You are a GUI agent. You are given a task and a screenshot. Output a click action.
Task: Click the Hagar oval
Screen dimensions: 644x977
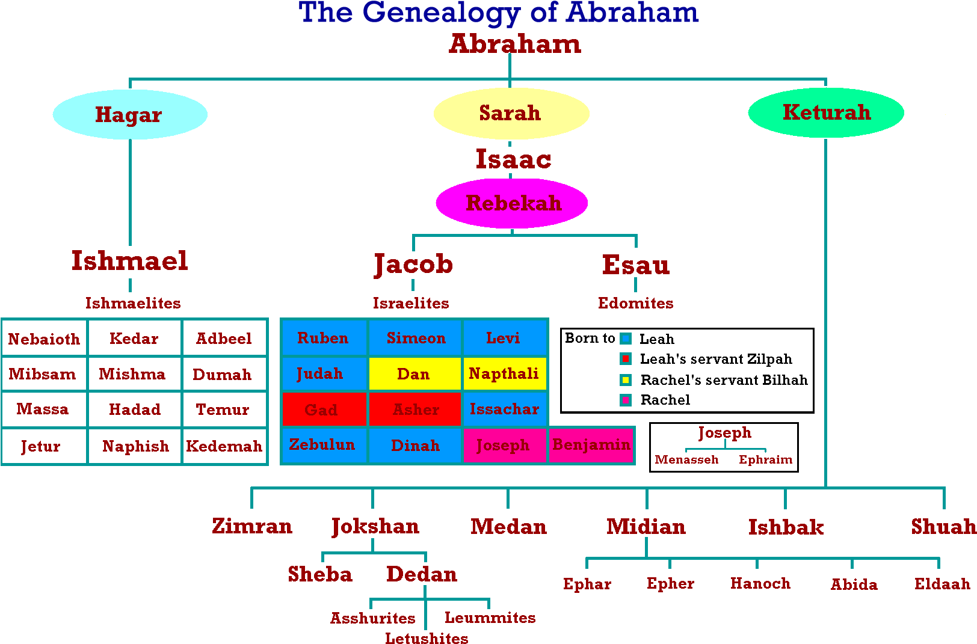(130, 114)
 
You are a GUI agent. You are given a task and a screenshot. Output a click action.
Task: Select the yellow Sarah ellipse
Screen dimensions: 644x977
(511, 113)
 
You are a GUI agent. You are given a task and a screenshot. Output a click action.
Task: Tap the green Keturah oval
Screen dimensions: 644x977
(826, 112)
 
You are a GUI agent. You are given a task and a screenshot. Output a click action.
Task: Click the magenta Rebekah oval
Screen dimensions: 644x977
(512, 203)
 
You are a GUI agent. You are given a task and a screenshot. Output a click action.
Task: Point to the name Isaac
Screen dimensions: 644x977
(513, 159)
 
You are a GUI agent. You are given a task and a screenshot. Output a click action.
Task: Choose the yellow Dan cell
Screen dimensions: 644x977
(414, 374)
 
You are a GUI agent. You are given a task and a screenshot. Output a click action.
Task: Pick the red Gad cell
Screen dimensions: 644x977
(323, 409)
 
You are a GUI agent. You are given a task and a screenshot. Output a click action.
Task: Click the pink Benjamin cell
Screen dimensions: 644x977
(591, 445)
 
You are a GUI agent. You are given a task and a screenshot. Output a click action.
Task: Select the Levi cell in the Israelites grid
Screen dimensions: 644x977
(504, 338)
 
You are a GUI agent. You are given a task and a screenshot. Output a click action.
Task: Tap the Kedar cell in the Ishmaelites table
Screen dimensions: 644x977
(134, 339)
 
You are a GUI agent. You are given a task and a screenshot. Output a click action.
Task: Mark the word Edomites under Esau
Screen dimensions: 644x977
(635, 303)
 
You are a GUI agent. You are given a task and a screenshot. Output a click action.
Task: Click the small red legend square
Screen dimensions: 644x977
(626, 359)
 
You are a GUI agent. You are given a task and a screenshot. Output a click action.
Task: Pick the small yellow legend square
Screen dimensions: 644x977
(626, 380)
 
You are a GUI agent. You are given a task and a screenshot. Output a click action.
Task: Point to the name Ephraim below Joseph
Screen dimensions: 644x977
(765, 459)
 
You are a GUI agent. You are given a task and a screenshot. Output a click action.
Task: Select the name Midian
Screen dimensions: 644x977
(646, 527)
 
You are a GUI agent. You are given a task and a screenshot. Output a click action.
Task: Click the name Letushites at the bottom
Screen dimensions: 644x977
(427, 638)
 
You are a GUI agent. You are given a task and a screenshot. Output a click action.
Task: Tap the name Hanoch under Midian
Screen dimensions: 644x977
(760, 583)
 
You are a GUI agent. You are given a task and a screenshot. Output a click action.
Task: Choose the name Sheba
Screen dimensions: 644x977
(320, 574)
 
